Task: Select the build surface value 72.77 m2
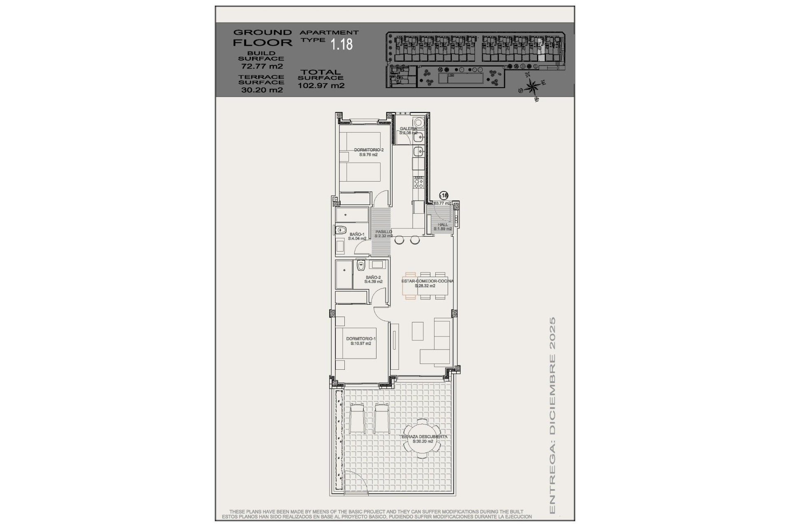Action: click(x=262, y=66)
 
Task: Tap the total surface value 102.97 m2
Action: click(x=321, y=86)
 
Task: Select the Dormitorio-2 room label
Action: click(x=368, y=152)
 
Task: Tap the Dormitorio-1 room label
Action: click(x=361, y=341)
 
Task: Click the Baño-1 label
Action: click(x=357, y=236)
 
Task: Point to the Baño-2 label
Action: click(x=373, y=280)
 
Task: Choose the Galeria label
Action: click(x=408, y=131)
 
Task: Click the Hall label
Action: click(x=443, y=226)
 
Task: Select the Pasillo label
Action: click(x=383, y=233)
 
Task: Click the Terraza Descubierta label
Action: click(x=423, y=439)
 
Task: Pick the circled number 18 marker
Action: click(x=444, y=196)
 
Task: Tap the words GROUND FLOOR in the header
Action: click(x=262, y=37)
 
